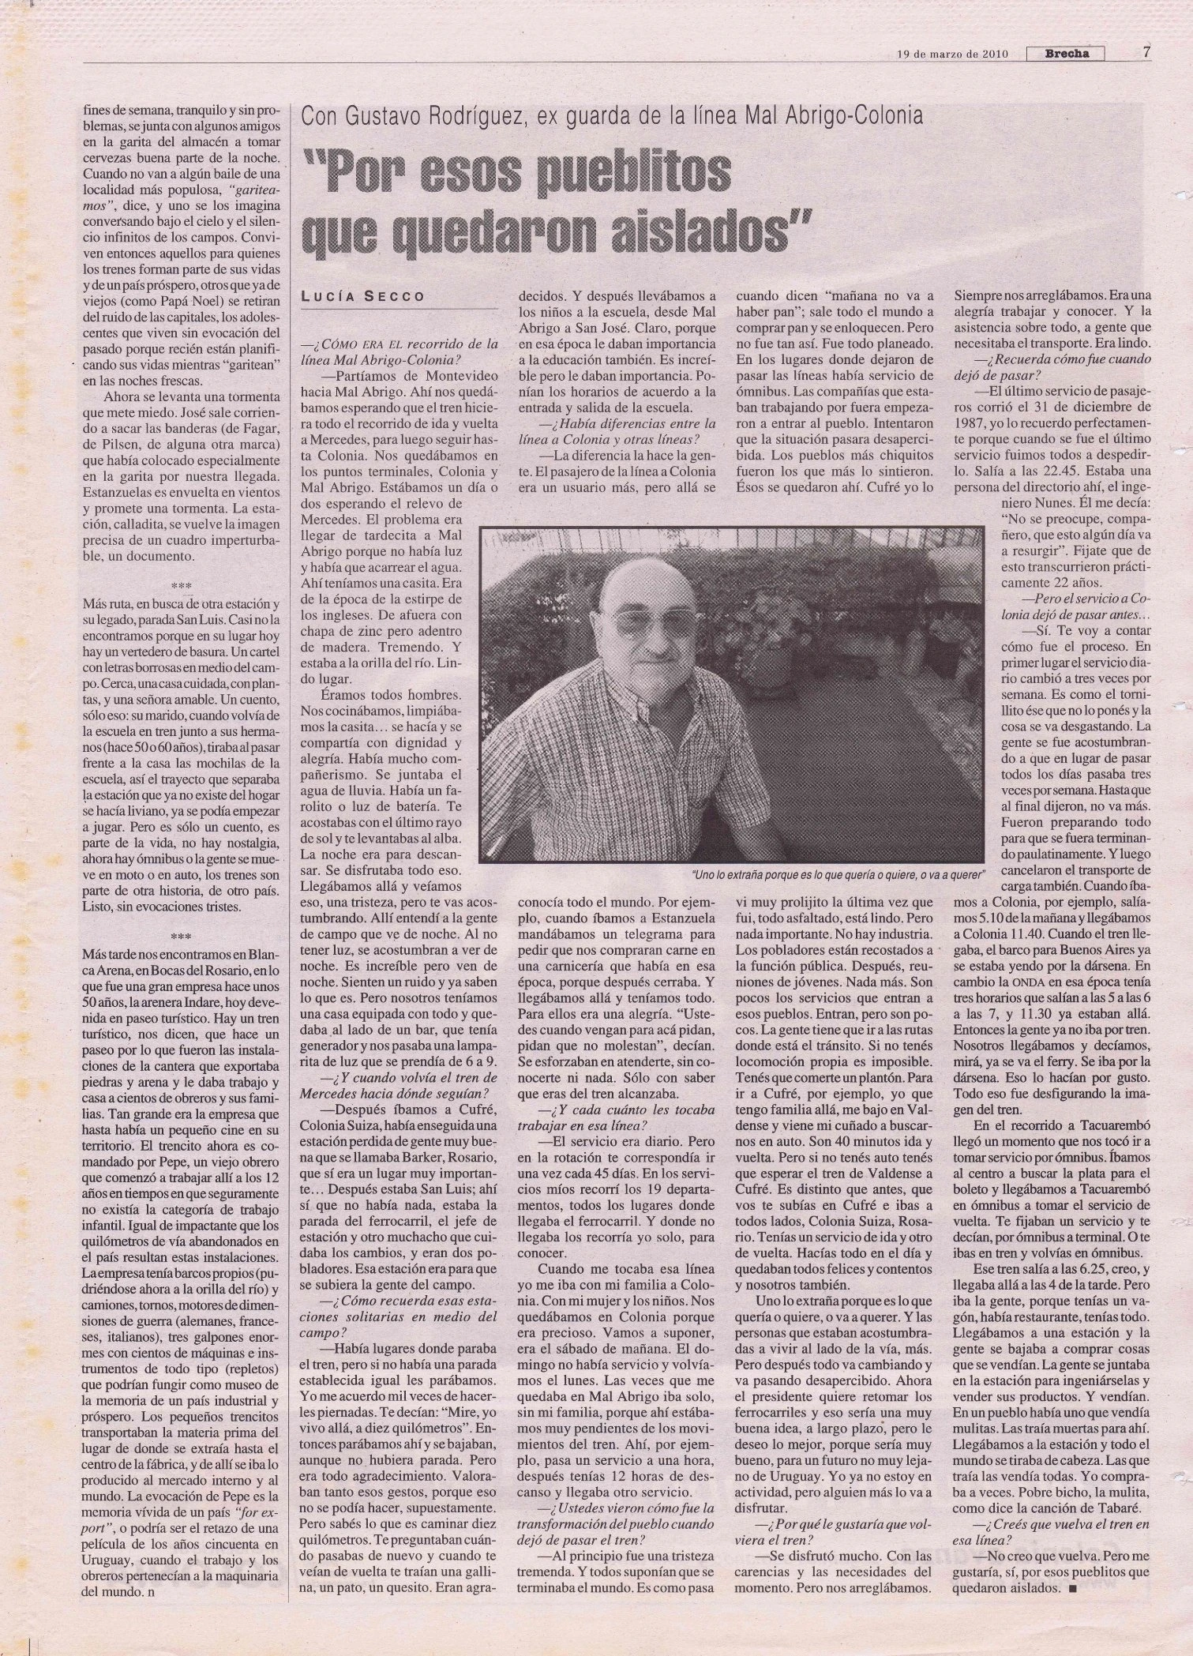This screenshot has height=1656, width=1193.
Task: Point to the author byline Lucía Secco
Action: (x=364, y=296)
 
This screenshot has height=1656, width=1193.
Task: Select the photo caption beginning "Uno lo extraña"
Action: (x=838, y=873)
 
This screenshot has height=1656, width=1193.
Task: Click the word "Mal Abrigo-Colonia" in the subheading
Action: (x=832, y=118)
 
